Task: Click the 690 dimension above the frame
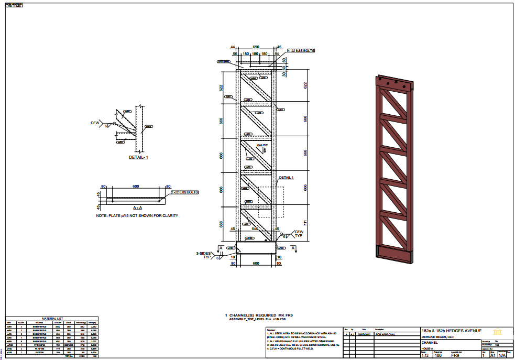pyautogui.click(x=256, y=47)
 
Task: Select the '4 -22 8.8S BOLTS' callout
pyautogui.click(x=300, y=51)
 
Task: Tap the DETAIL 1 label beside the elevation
pyautogui.click(x=286, y=178)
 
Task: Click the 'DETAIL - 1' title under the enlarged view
pyautogui.click(x=139, y=157)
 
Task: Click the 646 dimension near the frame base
pyautogui.click(x=256, y=229)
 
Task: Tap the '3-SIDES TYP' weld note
pyautogui.click(x=204, y=255)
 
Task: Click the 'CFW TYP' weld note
pyautogui.click(x=299, y=234)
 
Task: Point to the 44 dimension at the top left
pyautogui.click(x=233, y=47)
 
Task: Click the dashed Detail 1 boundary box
pyautogui.click(x=271, y=202)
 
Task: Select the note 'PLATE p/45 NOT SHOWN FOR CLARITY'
pyautogui.click(x=137, y=216)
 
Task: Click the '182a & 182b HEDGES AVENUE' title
pyautogui.click(x=452, y=331)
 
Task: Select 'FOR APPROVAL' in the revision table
pyautogui.click(x=386, y=334)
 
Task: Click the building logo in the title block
pyautogui.click(x=498, y=331)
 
